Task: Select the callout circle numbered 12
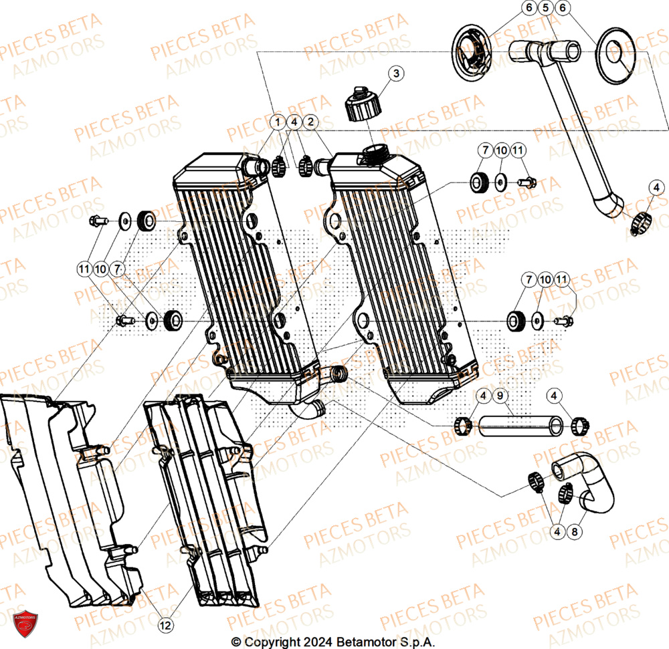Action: (x=166, y=625)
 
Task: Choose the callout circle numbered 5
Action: (x=545, y=9)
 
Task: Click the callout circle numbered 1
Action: (x=277, y=122)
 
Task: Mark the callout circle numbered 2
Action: (x=310, y=122)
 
